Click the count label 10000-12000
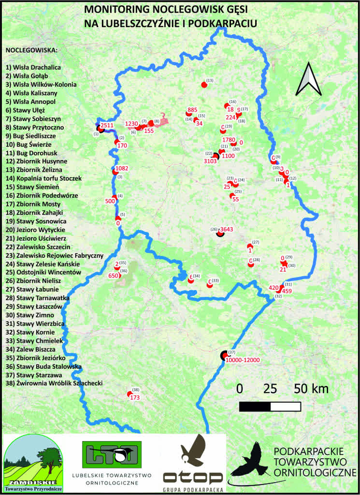coord(243,360)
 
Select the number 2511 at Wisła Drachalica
coord(107,125)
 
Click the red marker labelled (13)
coord(204,85)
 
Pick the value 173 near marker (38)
coord(135,397)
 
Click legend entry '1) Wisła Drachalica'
coord(33,67)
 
